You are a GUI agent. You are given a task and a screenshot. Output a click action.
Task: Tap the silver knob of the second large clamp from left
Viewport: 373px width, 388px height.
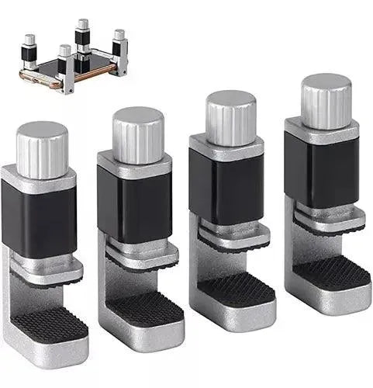(138, 134)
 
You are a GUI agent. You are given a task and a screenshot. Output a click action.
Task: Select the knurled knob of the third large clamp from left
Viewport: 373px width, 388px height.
(230, 116)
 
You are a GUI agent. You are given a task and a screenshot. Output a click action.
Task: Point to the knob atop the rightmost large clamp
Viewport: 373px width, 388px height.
(326, 101)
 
